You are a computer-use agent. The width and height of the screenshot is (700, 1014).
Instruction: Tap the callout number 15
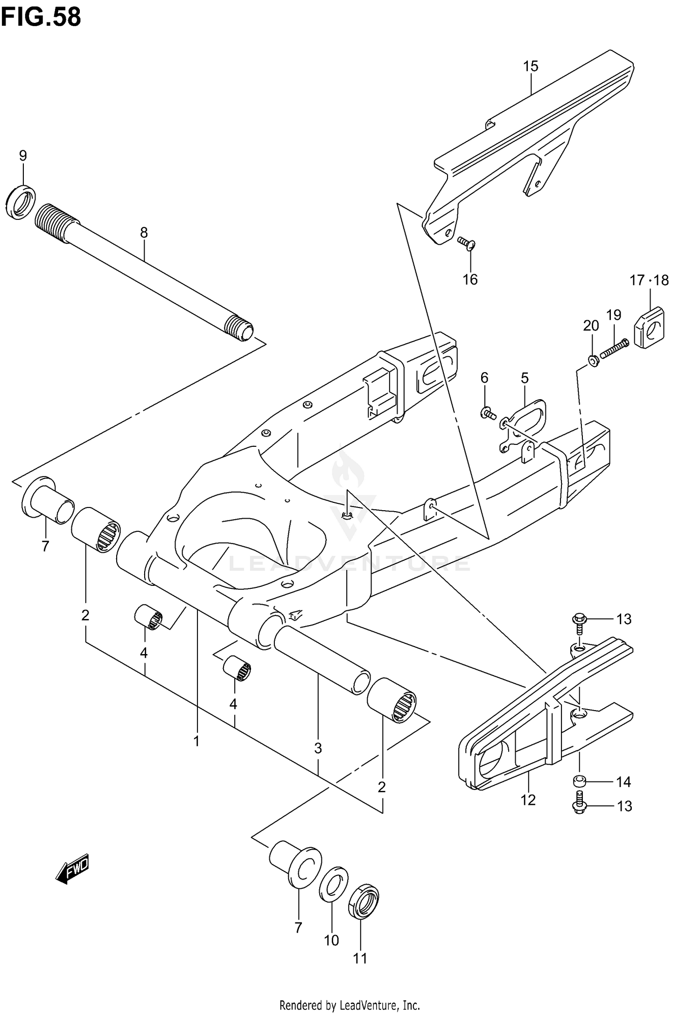(531, 66)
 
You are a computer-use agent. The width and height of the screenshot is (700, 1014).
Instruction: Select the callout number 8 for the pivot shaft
(144, 232)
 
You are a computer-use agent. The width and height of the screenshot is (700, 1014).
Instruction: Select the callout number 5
(525, 378)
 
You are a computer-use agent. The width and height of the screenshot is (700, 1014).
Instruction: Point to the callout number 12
(528, 800)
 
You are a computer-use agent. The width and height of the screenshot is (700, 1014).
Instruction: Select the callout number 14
(623, 782)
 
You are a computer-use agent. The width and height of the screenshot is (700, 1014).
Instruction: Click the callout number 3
(318, 748)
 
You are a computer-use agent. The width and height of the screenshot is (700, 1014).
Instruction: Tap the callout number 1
(196, 740)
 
